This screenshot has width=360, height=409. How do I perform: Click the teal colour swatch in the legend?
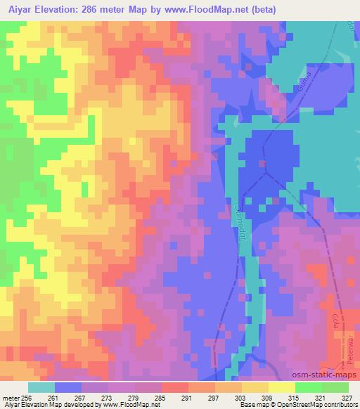point(41,387)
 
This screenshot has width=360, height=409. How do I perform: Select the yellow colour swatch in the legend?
point(281,387)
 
